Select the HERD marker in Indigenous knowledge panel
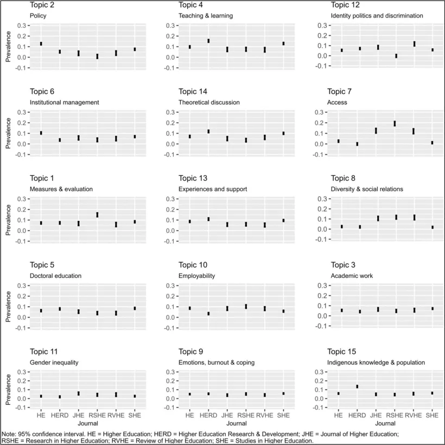click(x=357, y=386)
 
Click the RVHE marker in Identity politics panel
click(x=414, y=44)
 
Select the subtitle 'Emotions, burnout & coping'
click(x=217, y=362)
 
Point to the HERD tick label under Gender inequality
click(x=60, y=415)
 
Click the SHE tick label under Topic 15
click(x=432, y=415)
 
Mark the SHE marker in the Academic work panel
click(x=432, y=309)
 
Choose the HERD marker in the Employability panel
click(x=208, y=314)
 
